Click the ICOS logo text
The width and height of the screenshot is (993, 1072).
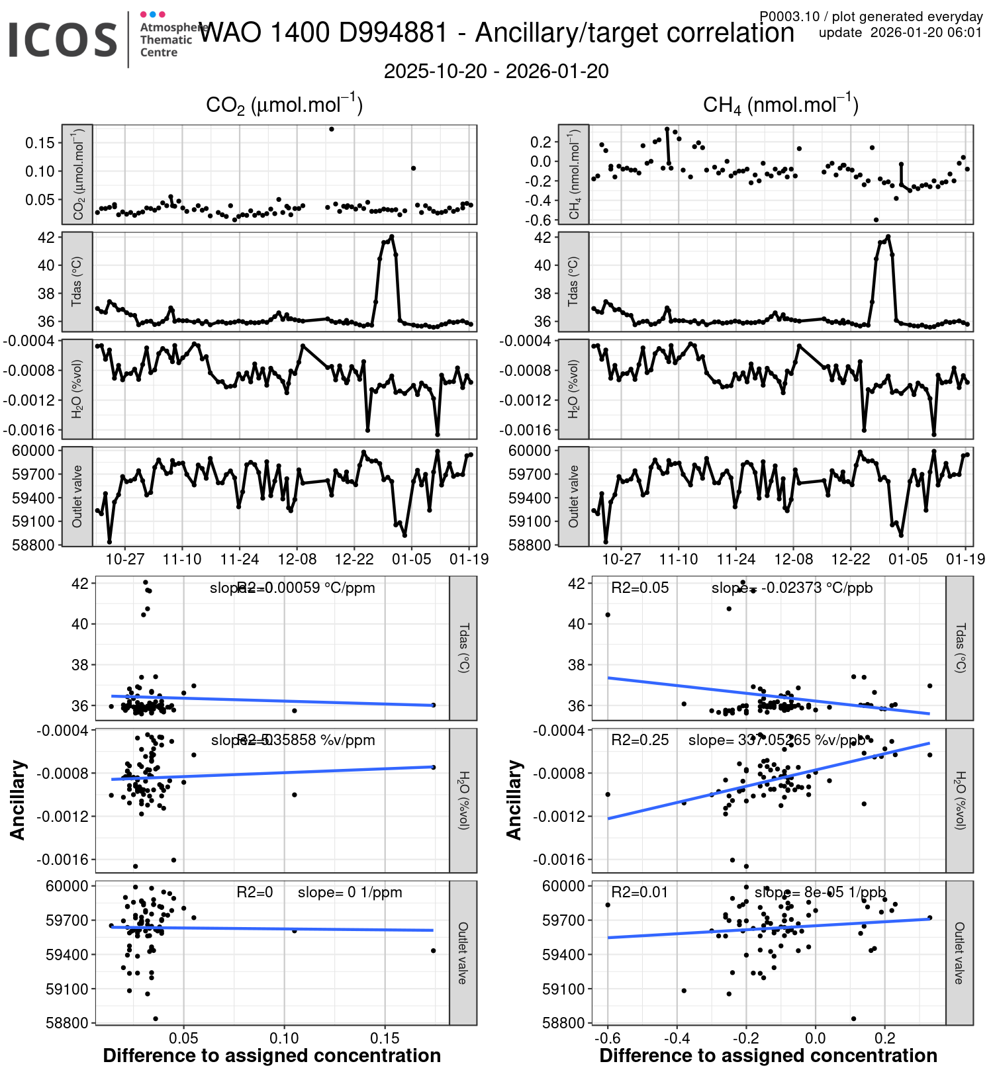coord(63,40)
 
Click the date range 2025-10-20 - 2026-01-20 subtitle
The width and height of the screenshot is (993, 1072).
coord(496,71)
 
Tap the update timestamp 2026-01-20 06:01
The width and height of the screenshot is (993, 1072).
coord(925,33)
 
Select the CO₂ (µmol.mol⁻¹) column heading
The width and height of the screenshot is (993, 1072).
coord(284,105)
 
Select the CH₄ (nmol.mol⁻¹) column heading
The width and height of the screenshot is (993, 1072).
coord(780,105)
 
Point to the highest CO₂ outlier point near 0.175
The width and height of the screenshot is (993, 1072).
coord(332,129)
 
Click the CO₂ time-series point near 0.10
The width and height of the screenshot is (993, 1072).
coord(414,168)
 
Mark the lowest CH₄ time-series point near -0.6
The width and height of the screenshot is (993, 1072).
coord(876,220)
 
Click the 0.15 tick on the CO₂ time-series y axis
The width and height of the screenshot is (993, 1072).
coord(40,143)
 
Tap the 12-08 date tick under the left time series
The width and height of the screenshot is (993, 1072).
coord(297,560)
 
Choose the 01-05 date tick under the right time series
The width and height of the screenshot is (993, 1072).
coord(908,560)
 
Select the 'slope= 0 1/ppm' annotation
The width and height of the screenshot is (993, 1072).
coord(350,892)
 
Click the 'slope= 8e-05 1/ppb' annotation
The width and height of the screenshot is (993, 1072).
coord(820,892)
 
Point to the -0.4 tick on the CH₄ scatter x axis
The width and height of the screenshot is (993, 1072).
coord(676,1038)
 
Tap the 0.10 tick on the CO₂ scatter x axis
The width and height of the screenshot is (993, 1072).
coord(285,1038)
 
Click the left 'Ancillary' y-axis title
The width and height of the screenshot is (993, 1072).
coord(18,800)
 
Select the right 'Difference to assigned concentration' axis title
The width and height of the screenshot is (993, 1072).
coord(768,1055)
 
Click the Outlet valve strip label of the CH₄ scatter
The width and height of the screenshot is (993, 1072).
coord(959,953)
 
